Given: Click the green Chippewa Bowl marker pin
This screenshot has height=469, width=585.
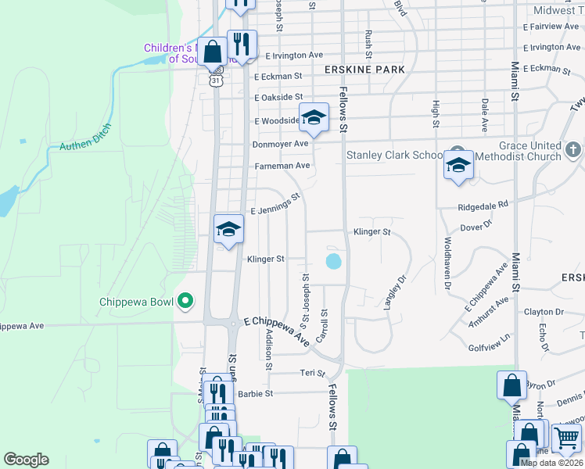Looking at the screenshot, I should point(185,300).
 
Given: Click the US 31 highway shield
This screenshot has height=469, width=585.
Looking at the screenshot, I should point(216,80).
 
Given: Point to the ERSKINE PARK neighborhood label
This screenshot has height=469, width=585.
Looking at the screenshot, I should point(364,70).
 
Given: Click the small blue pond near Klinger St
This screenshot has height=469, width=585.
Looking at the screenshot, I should point(333,260).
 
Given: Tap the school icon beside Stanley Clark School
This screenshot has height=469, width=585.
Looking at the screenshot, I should point(458,164).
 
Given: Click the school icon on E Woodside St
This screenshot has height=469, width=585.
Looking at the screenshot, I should point(313,117).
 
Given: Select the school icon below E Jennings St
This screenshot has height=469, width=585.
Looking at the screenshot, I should point(228,229).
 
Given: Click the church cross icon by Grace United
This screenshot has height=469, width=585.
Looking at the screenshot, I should point(573,149).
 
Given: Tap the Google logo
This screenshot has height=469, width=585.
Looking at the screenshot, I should point(26,460).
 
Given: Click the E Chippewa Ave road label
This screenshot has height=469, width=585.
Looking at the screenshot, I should point(277,330).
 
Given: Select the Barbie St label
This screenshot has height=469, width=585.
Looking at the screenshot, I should point(255,394).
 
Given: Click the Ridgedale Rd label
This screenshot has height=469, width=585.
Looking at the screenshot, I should point(483,205).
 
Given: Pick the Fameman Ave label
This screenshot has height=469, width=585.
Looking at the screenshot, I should point(282,166).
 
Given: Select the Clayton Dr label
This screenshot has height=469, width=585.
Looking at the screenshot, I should point(539,312).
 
